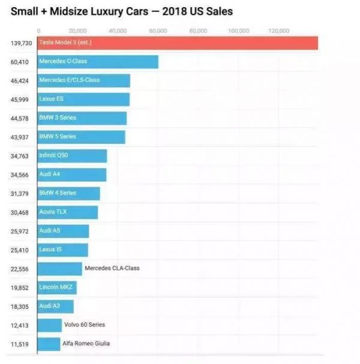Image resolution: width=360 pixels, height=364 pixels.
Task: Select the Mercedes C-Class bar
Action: coord(97,62)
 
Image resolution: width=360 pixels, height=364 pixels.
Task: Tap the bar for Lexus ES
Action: coord(83,99)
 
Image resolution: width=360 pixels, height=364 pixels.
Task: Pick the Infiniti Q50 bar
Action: coord(72,156)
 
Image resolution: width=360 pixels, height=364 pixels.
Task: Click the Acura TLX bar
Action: coord(67,212)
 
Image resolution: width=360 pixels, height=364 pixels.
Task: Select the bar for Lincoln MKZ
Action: coord(56,287)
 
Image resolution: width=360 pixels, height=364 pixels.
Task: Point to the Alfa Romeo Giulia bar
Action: coord(49,344)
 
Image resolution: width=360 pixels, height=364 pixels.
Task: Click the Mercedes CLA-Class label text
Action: coord(112,268)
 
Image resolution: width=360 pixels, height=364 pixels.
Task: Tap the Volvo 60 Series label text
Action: coord(85,324)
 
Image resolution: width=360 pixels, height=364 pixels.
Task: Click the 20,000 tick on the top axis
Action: coord(77,31)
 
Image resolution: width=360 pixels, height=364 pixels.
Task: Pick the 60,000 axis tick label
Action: coord(158,31)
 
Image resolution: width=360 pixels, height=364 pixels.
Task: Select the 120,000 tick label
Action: coord(278,31)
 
